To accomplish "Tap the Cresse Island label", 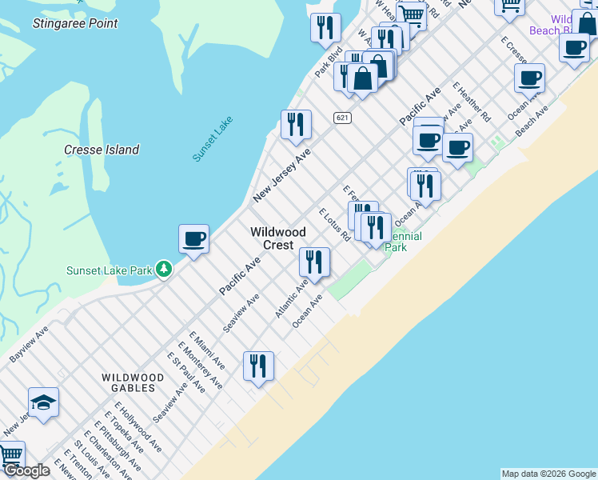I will tap(102, 150).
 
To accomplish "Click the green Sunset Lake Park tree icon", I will tap(164, 269).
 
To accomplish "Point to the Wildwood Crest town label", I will tap(277, 238).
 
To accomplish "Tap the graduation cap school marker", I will tap(43, 402).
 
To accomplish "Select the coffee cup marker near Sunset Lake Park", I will tap(193, 238).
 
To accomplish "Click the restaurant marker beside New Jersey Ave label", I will tap(296, 124).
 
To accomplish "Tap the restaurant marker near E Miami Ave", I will tap(258, 366).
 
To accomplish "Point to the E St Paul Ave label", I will tap(185, 373).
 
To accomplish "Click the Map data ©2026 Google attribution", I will tap(548, 474).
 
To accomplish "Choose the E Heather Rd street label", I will tap(471, 102).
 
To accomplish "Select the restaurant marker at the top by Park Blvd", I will tap(325, 27).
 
